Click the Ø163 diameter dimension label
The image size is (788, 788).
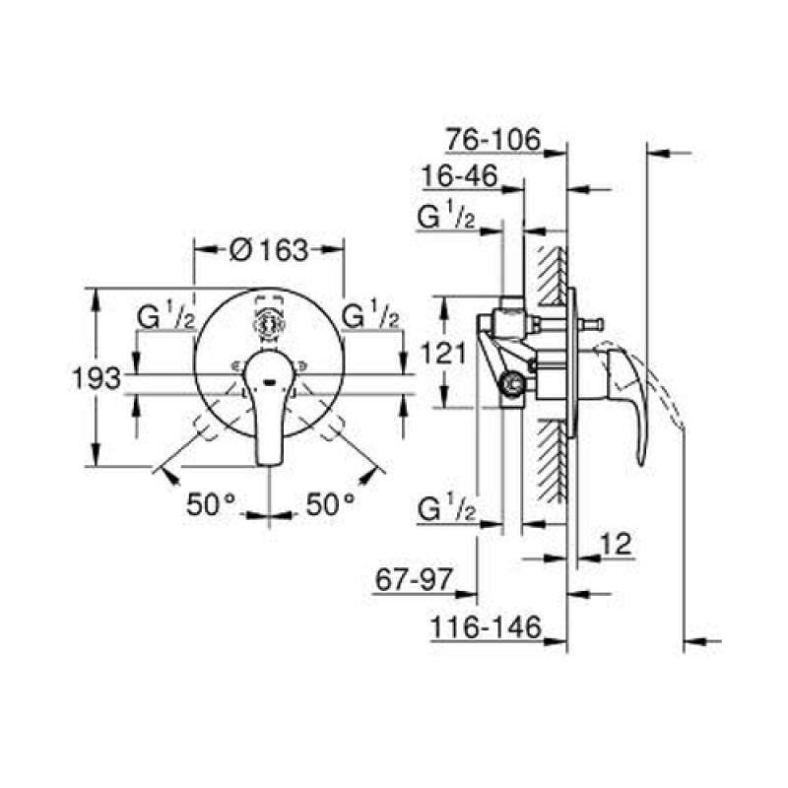coord(269,250)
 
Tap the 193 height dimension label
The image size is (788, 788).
coord(97,378)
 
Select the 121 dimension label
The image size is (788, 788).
coord(443,353)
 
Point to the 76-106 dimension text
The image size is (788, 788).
coord(493,139)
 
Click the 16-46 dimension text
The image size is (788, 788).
coord(460,176)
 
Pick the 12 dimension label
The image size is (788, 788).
coord(617,544)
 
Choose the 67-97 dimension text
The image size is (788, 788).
coord(415,580)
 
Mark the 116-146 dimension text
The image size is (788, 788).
coord(486,627)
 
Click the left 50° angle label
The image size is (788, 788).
coord(211,504)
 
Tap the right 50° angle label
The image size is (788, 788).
coord(331,504)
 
